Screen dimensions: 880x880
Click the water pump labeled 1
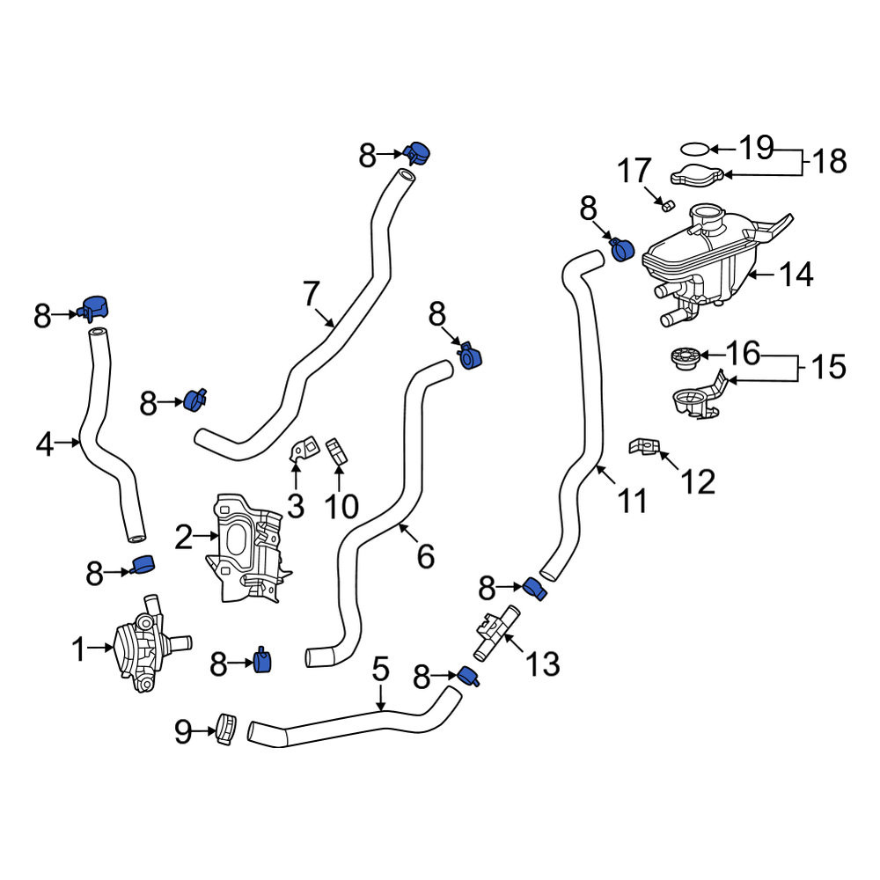coord(149,645)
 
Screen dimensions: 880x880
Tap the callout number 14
coord(796,275)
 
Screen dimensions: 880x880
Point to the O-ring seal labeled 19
coord(695,150)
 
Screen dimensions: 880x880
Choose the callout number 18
coord(830,162)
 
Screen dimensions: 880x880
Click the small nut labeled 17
coord(667,206)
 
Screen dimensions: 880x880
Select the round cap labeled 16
coord(686,359)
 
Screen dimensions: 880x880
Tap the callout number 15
coord(828,367)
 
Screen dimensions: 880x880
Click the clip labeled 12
coord(643,447)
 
